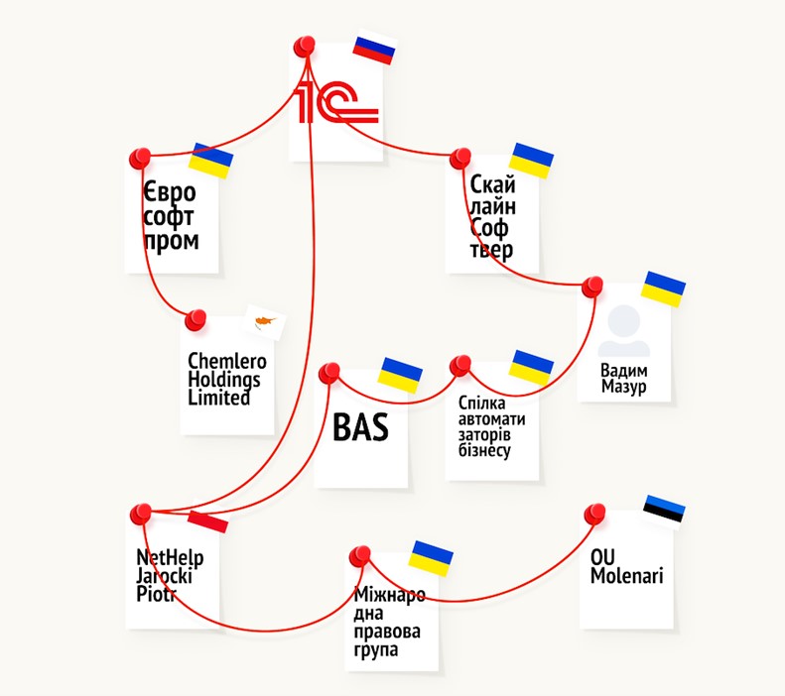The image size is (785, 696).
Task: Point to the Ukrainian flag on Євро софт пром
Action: [x=210, y=159]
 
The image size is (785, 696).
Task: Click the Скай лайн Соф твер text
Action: [x=492, y=215]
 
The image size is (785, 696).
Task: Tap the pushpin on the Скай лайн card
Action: [x=459, y=158]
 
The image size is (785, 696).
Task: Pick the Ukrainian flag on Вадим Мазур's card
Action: [x=664, y=289]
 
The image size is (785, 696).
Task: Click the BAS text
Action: [x=359, y=429]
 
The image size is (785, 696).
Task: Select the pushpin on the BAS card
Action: [x=329, y=373]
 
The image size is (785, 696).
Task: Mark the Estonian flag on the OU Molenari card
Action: [x=664, y=510]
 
